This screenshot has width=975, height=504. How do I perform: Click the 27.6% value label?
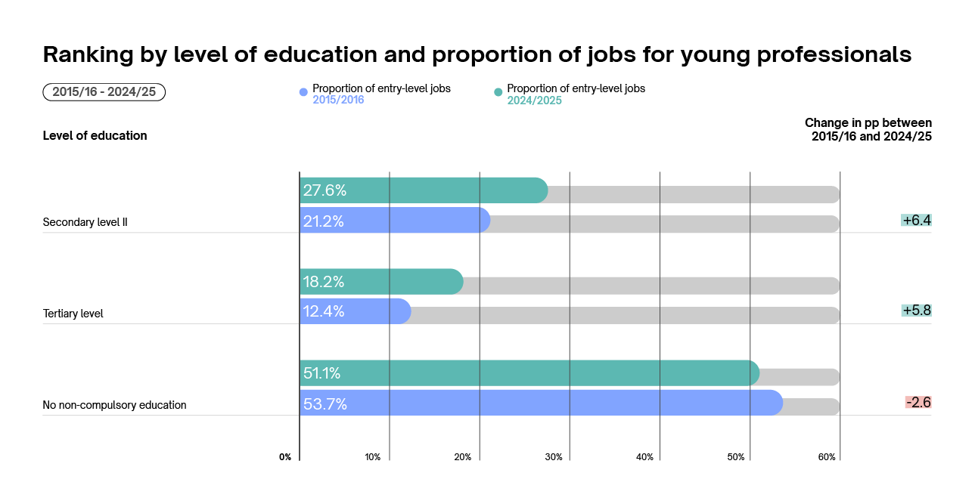click(324, 190)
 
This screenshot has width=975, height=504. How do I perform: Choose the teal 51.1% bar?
click(529, 373)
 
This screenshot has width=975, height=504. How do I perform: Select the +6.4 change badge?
click(916, 221)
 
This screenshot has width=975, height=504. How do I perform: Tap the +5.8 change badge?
click(916, 311)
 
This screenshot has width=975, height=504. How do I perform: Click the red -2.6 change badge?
click(918, 402)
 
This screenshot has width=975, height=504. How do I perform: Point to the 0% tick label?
click(285, 457)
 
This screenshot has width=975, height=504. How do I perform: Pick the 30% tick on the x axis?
click(554, 457)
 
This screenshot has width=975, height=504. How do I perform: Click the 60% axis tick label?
click(827, 457)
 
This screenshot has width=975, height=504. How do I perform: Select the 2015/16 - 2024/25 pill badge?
click(104, 92)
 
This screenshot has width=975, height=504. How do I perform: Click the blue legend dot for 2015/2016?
click(304, 92)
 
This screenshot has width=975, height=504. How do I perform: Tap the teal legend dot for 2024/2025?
click(498, 92)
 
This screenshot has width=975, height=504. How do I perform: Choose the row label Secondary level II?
click(85, 222)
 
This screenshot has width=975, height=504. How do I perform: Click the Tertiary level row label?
click(73, 314)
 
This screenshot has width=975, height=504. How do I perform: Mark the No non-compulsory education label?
click(114, 405)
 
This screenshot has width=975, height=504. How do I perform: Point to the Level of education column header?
click(95, 136)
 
